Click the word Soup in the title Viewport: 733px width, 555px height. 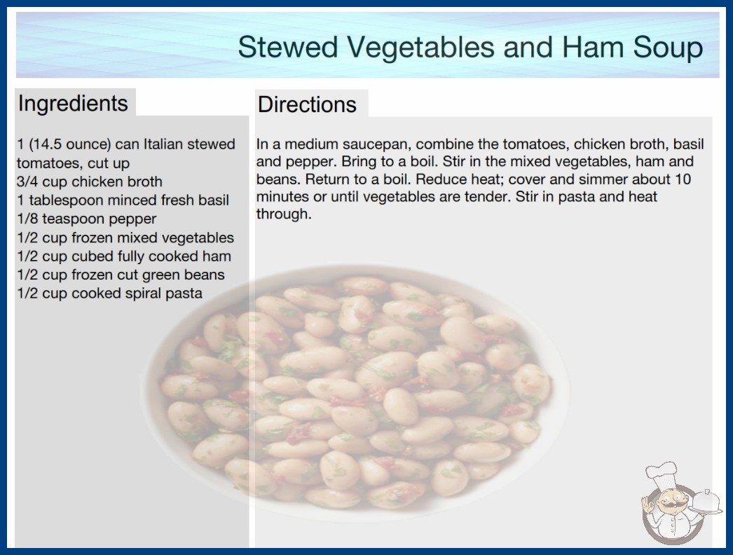point(668,48)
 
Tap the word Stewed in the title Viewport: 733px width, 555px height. point(287,47)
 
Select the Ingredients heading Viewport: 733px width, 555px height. point(72,104)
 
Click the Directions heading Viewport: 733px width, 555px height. point(307,104)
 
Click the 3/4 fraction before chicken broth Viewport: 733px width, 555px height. point(27,181)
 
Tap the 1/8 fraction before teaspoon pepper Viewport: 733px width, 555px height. point(27,219)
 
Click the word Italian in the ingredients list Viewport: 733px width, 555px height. point(163,144)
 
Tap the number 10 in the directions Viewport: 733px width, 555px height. point(683,179)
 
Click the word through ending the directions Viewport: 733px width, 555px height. point(284,214)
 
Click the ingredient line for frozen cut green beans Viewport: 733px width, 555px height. point(121,275)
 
